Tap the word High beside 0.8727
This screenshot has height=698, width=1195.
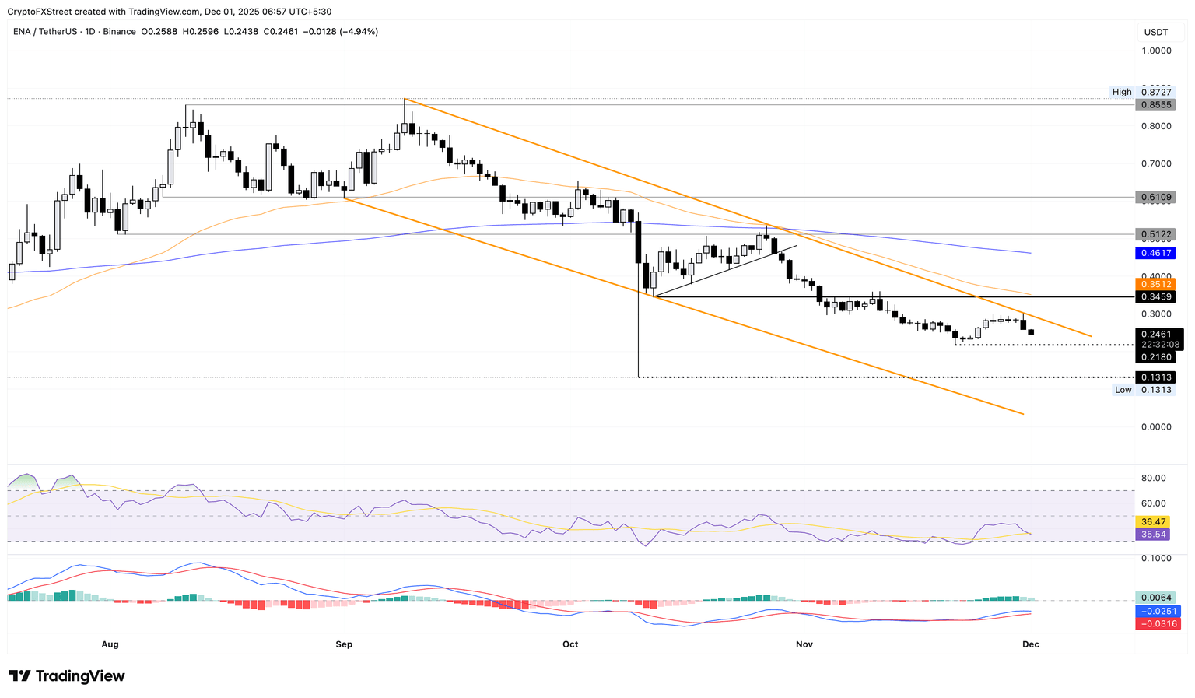coord(1122,92)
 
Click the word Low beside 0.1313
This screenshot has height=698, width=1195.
coord(1123,390)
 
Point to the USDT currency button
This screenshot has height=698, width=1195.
coord(1155,32)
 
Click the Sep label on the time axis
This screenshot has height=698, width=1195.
coord(344,644)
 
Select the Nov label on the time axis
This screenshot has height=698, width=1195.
coord(804,644)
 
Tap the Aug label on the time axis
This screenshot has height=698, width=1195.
coord(110,644)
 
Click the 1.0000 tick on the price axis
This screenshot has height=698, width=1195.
coord(1155,51)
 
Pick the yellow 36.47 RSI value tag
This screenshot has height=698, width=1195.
coord(1152,521)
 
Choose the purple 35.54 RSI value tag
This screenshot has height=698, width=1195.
coord(1152,535)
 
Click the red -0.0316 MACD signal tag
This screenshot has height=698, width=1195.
coord(1158,624)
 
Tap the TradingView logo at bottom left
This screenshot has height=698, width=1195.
coord(67,676)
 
